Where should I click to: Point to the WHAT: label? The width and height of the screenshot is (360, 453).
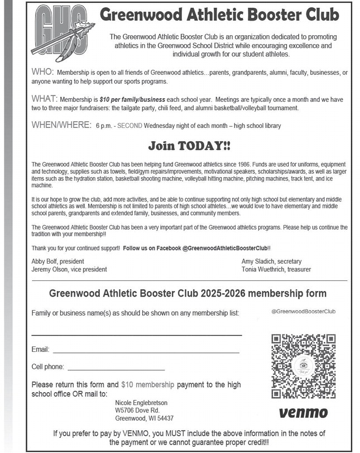[x=44, y=99]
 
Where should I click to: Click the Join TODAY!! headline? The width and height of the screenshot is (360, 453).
[x=189, y=146]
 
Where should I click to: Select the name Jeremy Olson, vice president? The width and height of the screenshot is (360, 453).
[x=69, y=269]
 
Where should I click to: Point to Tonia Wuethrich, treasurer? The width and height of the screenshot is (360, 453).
[x=276, y=269]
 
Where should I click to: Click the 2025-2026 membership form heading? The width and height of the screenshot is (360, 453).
[x=188, y=293]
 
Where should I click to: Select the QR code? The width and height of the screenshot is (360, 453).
[x=304, y=366]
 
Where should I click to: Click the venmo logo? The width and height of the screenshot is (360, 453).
[x=303, y=413]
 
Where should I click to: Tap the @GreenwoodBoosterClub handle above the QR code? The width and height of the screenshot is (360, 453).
[x=304, y=311]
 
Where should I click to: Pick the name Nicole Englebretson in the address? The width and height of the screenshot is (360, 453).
[x=141, y=403]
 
